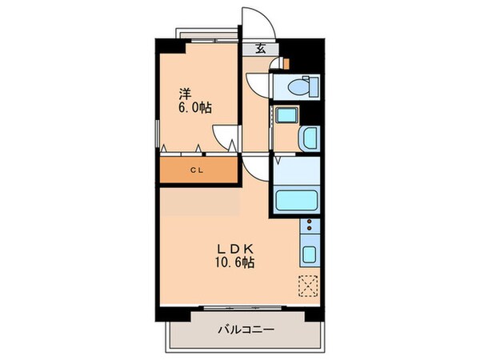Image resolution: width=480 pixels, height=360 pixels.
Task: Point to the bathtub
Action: (295, 200)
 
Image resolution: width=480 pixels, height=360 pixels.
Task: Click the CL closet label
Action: (197, 170)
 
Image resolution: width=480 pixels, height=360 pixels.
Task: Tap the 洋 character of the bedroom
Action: (184, 93)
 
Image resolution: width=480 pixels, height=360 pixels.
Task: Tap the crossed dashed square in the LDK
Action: (307, 286)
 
